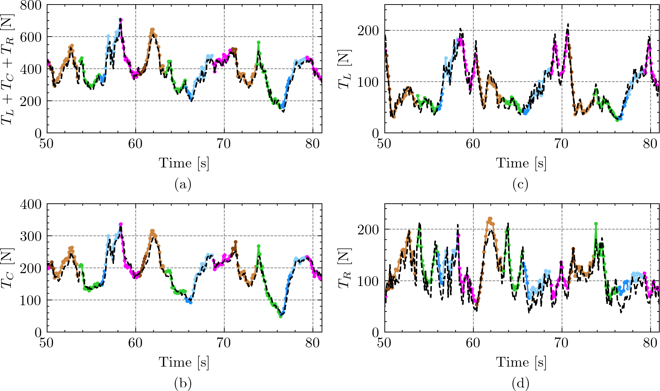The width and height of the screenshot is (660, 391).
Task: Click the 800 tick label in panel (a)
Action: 31,5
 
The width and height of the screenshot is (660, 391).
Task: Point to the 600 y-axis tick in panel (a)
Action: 31,37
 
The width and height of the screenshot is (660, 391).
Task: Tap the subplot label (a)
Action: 183,184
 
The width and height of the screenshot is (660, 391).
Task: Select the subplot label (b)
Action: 183,383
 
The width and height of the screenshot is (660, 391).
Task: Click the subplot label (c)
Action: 520,184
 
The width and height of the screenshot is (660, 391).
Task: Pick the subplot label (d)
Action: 520,383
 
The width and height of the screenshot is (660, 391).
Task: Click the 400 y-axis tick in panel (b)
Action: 31,204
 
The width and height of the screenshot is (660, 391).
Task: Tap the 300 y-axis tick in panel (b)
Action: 31,236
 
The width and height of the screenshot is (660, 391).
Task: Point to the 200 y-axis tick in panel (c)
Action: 368,31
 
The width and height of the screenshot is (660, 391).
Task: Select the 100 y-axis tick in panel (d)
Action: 368,281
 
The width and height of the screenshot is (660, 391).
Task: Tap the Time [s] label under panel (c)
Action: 521,163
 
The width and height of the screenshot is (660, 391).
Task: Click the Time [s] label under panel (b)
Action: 184,362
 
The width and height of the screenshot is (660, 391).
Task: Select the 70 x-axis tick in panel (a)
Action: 224,144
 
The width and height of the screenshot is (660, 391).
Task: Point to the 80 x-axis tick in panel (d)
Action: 650,343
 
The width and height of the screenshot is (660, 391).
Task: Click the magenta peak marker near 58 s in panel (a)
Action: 121,20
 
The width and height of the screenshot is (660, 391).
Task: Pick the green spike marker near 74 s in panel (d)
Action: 596,224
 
